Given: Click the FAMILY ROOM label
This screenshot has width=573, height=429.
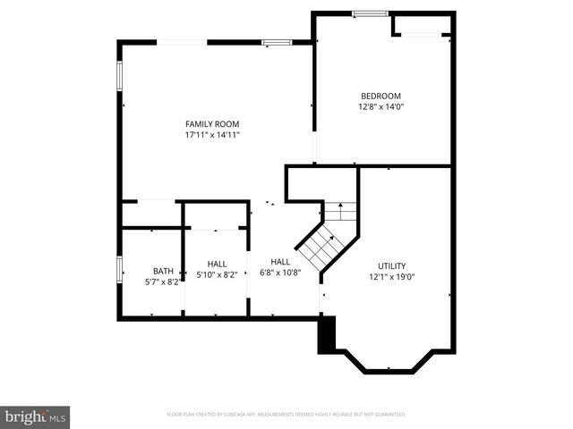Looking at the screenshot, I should pyautogui.click(x=212, y=123).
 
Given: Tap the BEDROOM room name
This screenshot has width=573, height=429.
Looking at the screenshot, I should pyautogui.click(x=381, y=96).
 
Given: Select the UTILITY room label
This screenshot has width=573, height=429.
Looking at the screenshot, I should pyautogui.click(x=391, y=265).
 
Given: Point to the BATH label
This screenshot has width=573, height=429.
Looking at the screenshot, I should pyautogui.click(x=163, y=271).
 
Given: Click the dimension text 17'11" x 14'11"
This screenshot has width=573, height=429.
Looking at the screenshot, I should pyautogui.click(x=212, y=135).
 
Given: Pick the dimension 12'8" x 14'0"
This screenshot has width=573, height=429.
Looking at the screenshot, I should pyautogui.click(x=381, y=107).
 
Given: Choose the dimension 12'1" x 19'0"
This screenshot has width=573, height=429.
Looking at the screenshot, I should pyautogui.click(x=391, y=277).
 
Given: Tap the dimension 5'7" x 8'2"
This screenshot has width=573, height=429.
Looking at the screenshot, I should pyautogui.click(x=163, y=282).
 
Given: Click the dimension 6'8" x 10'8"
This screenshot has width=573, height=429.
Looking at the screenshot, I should pyautogui.click(x=280, y=273).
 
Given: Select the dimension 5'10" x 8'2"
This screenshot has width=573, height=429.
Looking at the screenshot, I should pyautogui.click(x=217, y=275).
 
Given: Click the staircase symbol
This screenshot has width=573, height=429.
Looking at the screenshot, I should pyautogui.click(x=324, y=237).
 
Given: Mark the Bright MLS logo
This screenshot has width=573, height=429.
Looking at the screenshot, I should pyautogui.click(x=36, y=416).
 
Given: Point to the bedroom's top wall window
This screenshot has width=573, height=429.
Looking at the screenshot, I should pyautogui.click(x=370, y=13).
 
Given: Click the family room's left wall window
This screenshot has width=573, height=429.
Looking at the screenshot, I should pyautogui.click(x=119, y=76).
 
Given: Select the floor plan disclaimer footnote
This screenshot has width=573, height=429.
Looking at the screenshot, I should pyautogui.click(x=286, y=415).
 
